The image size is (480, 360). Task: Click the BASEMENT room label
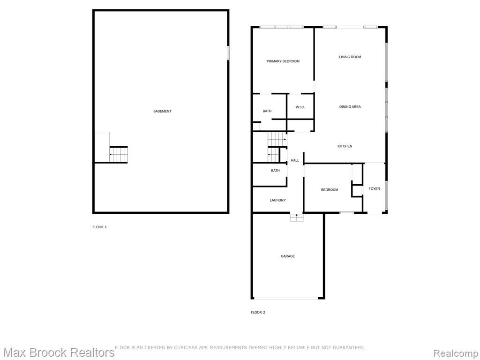click(x=162, y=112)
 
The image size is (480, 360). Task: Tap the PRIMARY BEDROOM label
click(x=283, y=61)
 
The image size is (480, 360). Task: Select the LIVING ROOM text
click(x=350, y=57)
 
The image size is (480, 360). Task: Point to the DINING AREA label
click(x=350, y=107)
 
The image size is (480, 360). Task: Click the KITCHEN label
click(x=345, y=146)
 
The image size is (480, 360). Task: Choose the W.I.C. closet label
click(x=300, y=107)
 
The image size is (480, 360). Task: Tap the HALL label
click(x=295, y=160)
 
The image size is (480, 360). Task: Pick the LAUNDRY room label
click(x=277, y=200)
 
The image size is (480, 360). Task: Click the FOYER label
click(x=374, y=189)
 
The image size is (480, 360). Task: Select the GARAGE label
click(x=288, y=256)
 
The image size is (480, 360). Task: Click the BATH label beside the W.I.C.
click(x=267, y=111)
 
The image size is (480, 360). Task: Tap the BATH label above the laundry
click(x=275, y=171)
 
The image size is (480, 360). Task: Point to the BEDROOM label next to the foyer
click(x=330, y=190)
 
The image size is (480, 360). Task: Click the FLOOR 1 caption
click(x=99, y=227)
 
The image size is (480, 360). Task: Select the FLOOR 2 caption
click(x=258, y=313)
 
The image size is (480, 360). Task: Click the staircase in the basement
click(x=119, y=155)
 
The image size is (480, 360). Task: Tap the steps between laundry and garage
click(x=297, y=217)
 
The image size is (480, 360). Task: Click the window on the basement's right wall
click(x=228, y=52)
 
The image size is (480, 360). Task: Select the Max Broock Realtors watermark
click(x=58, y=352)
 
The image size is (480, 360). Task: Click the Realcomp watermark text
click(x=456, y=353)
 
